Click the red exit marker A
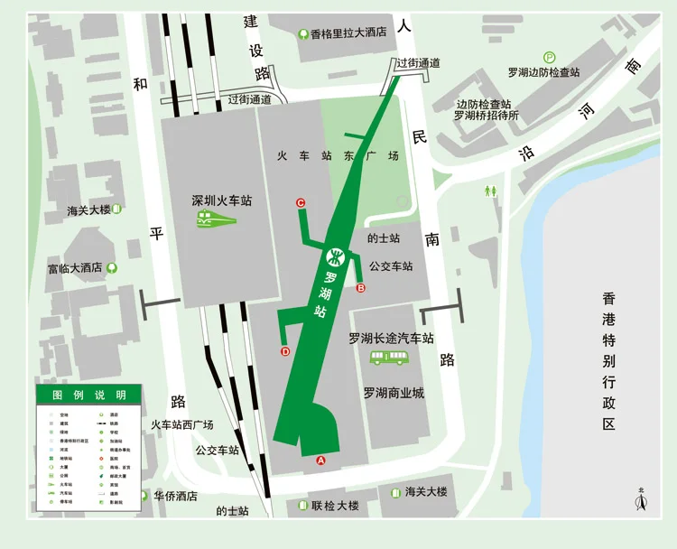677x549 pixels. coord(320,461)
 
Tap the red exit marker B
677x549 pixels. coord(361,289)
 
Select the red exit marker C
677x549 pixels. coord(301,203)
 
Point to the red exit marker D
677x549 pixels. coord(285,352)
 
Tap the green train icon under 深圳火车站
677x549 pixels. coord(217,219)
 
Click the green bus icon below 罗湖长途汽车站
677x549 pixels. coord(389,358)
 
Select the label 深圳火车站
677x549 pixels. coord(221,200)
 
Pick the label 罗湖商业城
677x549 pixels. coord(394,393)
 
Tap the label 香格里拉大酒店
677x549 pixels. coord(348,33)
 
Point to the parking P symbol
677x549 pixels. coord(550,57)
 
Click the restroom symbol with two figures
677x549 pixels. coord(491,191)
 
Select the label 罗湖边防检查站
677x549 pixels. coord(543,72)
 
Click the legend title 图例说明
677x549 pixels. coord(88,395)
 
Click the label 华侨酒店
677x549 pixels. coord(175,496)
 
